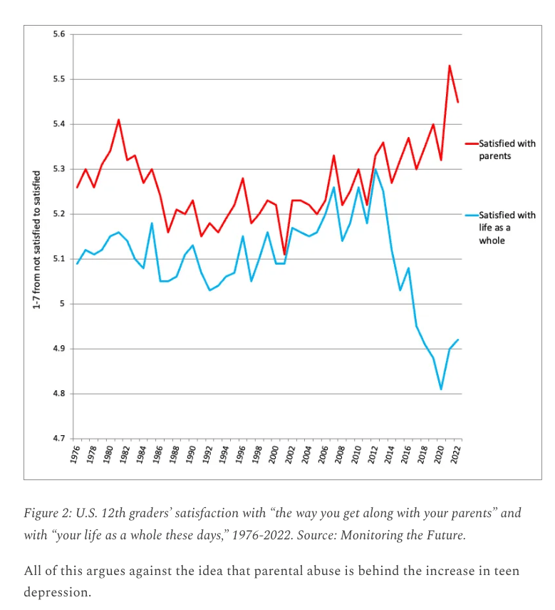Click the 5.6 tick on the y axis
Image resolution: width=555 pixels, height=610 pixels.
tap(58, 34)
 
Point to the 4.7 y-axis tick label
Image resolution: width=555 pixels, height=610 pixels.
tap(58, 438)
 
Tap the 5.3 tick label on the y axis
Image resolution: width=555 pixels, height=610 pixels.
tap(58, 169)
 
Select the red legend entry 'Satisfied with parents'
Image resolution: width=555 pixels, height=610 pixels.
tap(507, 150)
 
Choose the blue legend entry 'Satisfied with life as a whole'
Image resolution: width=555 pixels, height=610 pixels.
tap(505, 227)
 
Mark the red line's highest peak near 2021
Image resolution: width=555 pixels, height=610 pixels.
tap(450, 66)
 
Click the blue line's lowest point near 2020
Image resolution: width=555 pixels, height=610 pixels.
tap(441, 389)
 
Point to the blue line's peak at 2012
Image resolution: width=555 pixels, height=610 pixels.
tap(375, 169)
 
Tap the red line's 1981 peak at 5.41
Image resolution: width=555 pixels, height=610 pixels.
tap(119, 120)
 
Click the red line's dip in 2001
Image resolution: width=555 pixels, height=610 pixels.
tap(284, 255)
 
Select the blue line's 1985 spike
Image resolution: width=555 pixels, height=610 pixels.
tap(152, 223)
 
